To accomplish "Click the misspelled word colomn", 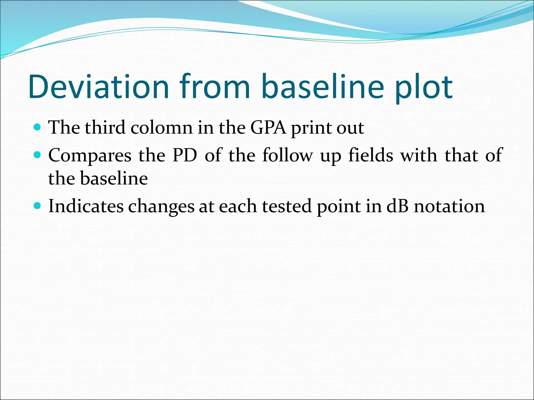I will pyautogui.click(x=161, y=128).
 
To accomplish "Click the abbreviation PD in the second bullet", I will pyautogui.click(x=185, y=155).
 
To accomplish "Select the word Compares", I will pyautogui.click(x=90, y=155).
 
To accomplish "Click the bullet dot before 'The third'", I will pyautogui.click(x=38, y=127).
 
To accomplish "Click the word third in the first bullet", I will pyautogui.click(x=105, y=128).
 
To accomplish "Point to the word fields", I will pyautogui.click(x=371, y=155).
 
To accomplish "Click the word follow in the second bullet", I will pyautogui.click(x=287, y=155).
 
